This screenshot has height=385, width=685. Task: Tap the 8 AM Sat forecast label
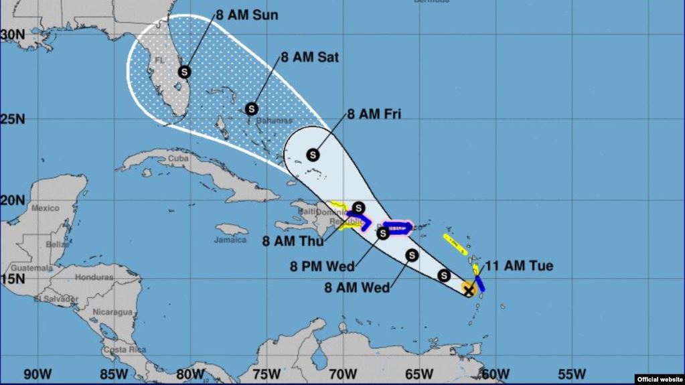coord(309,58)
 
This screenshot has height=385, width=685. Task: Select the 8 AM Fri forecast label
coord(374,114)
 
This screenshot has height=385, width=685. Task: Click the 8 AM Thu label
coord(293,241)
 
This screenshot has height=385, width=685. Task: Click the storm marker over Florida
coord(184,72)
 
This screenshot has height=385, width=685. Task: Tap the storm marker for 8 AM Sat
coord(252,108)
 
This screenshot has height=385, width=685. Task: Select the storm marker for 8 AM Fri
coord(313,155)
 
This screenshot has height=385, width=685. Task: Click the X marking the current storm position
coord(469,290)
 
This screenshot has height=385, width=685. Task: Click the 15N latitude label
coord(13,279)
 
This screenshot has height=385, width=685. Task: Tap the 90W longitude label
coord(37,374)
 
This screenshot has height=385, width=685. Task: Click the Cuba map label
coord(177,159)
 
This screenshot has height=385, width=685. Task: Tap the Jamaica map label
coord(230,240)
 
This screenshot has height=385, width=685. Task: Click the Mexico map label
coord(46,208)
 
